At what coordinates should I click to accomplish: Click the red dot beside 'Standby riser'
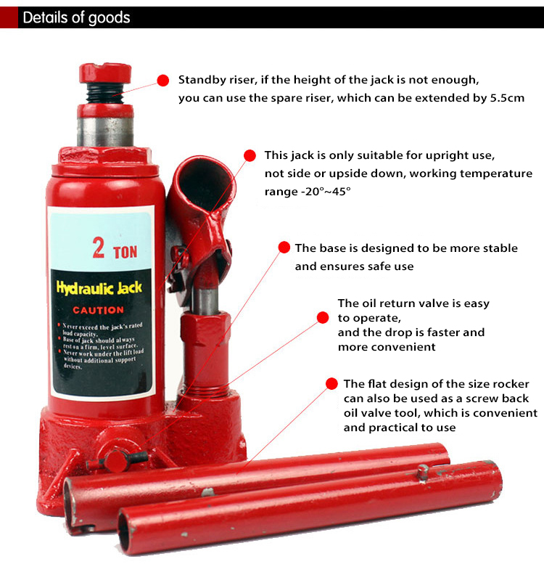(163, 80)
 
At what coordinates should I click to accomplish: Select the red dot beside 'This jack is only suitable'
(250, 155)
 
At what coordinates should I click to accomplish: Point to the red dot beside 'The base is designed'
(284, 248)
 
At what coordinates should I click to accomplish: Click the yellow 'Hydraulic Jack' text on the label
(100, 288)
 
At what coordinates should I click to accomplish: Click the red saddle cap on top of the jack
(106, 73)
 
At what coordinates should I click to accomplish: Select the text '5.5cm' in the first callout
(506, 98)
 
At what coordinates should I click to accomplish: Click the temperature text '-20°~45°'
(308, 192)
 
